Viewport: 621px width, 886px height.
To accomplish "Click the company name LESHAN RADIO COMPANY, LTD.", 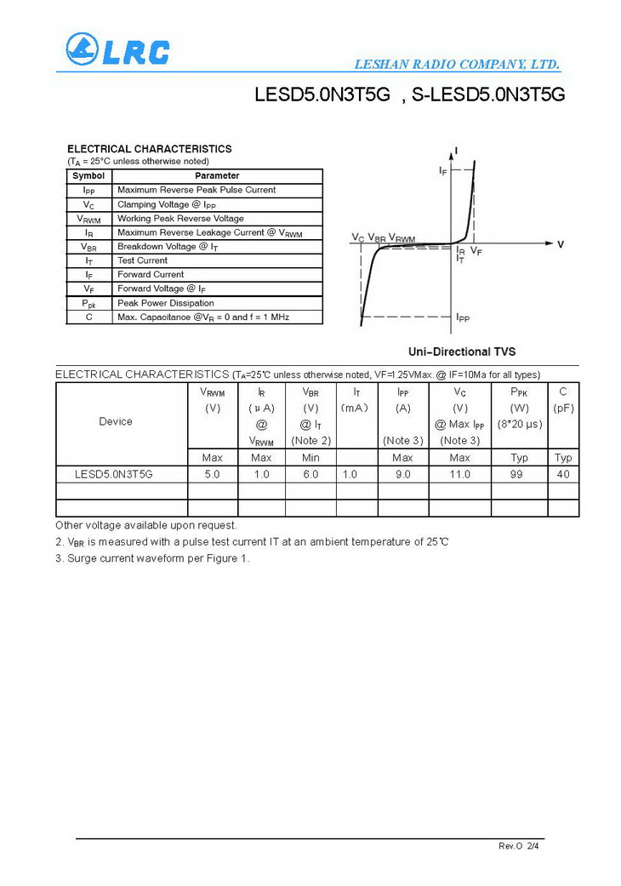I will (x=456, y=65).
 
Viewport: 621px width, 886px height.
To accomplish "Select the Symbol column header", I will (x=88, y=175).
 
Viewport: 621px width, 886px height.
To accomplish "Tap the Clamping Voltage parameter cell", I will (x=167, y=204).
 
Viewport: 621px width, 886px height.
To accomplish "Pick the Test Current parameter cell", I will (x=143, y=260).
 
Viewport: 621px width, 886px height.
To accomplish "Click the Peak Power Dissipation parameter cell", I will (x=166, y=303).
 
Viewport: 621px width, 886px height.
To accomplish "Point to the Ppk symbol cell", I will (x=88, y=303).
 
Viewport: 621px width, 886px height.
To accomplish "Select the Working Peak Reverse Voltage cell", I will (x=180, y=219).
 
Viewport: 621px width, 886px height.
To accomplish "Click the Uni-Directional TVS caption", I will (x=462, y=352).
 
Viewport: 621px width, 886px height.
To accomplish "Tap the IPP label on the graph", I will (x=463, y=317).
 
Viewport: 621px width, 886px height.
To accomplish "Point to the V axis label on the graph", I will (x=561, y=244).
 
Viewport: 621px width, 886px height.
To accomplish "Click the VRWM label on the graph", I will (x=402, y=238).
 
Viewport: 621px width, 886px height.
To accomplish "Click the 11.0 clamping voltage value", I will (x=459, y=474).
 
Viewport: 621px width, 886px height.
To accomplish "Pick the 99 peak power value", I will (x=516, y=474).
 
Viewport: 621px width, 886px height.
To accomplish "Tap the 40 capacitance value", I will (x=563, y=474).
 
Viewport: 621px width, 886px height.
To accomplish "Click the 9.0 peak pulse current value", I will (x=402, y=474).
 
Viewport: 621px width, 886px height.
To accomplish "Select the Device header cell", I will (x=116, y=421).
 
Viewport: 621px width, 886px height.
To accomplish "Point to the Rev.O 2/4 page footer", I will (x=518, y=846).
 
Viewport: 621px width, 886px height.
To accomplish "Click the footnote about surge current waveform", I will (x=152, y=558).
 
